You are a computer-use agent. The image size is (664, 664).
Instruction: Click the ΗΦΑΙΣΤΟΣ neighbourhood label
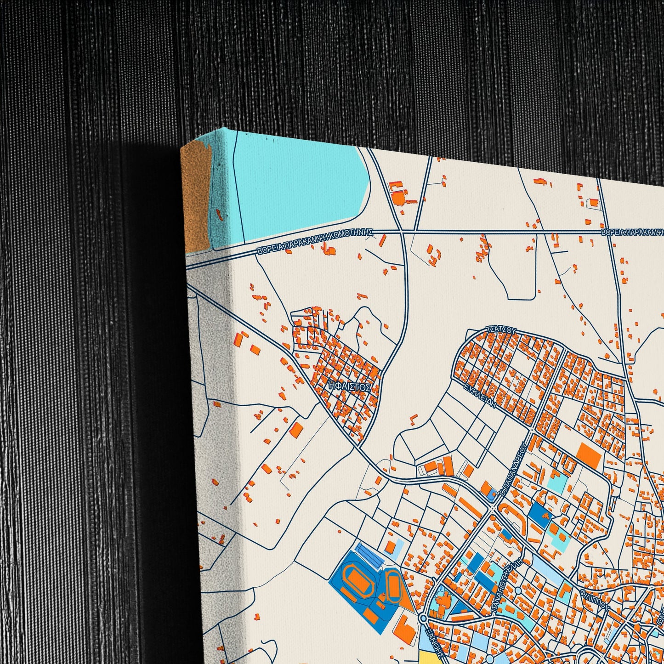[x=350, y=387]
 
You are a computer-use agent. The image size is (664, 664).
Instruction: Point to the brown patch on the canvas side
[x=195, y=198]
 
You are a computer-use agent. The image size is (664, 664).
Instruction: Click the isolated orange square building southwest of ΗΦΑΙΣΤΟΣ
[x=296, y=430]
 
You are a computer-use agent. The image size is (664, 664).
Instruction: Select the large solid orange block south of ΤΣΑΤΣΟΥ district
[x=588, y=455]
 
